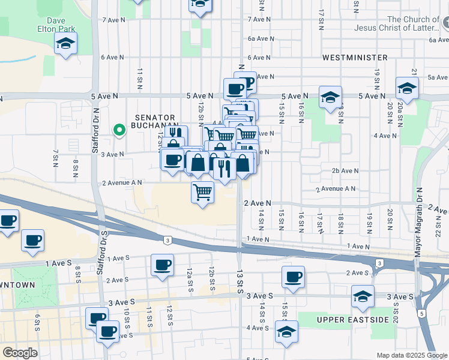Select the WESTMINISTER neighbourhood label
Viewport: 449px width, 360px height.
pos(355,58)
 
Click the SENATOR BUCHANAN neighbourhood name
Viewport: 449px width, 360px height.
pos(155,122)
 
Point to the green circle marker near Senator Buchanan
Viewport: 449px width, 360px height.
pos(119,129)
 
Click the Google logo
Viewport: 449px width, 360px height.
pos(20,353)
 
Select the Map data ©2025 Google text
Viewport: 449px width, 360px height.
pos(412,355)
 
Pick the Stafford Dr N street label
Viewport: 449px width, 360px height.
pos(95,131)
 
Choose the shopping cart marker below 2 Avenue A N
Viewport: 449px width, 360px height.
pos(203,193)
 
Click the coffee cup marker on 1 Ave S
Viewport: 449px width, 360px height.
pos(162,265)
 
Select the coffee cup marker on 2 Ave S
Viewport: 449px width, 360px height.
pos(293,277)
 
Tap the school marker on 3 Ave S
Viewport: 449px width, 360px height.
pos(363,296)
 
